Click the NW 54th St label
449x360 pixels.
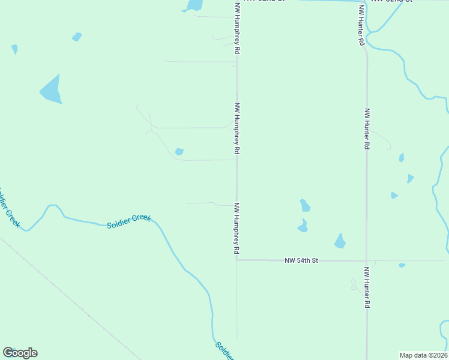(x=301, y=260)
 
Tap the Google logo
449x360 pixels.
(x=20, y=353)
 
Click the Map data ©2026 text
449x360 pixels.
(x=423, y=355)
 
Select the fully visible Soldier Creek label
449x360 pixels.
(x=129, y=221)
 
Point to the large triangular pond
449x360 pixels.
(x=52, y=91)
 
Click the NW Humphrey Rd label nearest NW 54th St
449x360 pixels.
(x=237, y=227)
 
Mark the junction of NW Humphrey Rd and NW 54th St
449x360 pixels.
(x=237, y=260)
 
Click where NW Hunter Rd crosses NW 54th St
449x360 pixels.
(x=367, y=260)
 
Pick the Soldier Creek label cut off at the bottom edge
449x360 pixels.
(x=224, y=351)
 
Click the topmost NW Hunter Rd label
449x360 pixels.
(x=361, y=25)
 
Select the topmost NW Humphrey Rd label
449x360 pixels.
(x=237, y=29)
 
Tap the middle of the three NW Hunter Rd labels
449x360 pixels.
(x=367, y=129)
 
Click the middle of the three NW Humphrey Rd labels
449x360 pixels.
(x=237, y=127)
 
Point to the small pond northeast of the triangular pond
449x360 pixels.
(x=77, y=37)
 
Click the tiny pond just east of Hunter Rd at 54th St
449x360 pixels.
(x=402, y=265)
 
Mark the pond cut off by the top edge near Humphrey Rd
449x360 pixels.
(x=194, y=5)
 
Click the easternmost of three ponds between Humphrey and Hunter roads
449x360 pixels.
(x=340, y=241)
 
